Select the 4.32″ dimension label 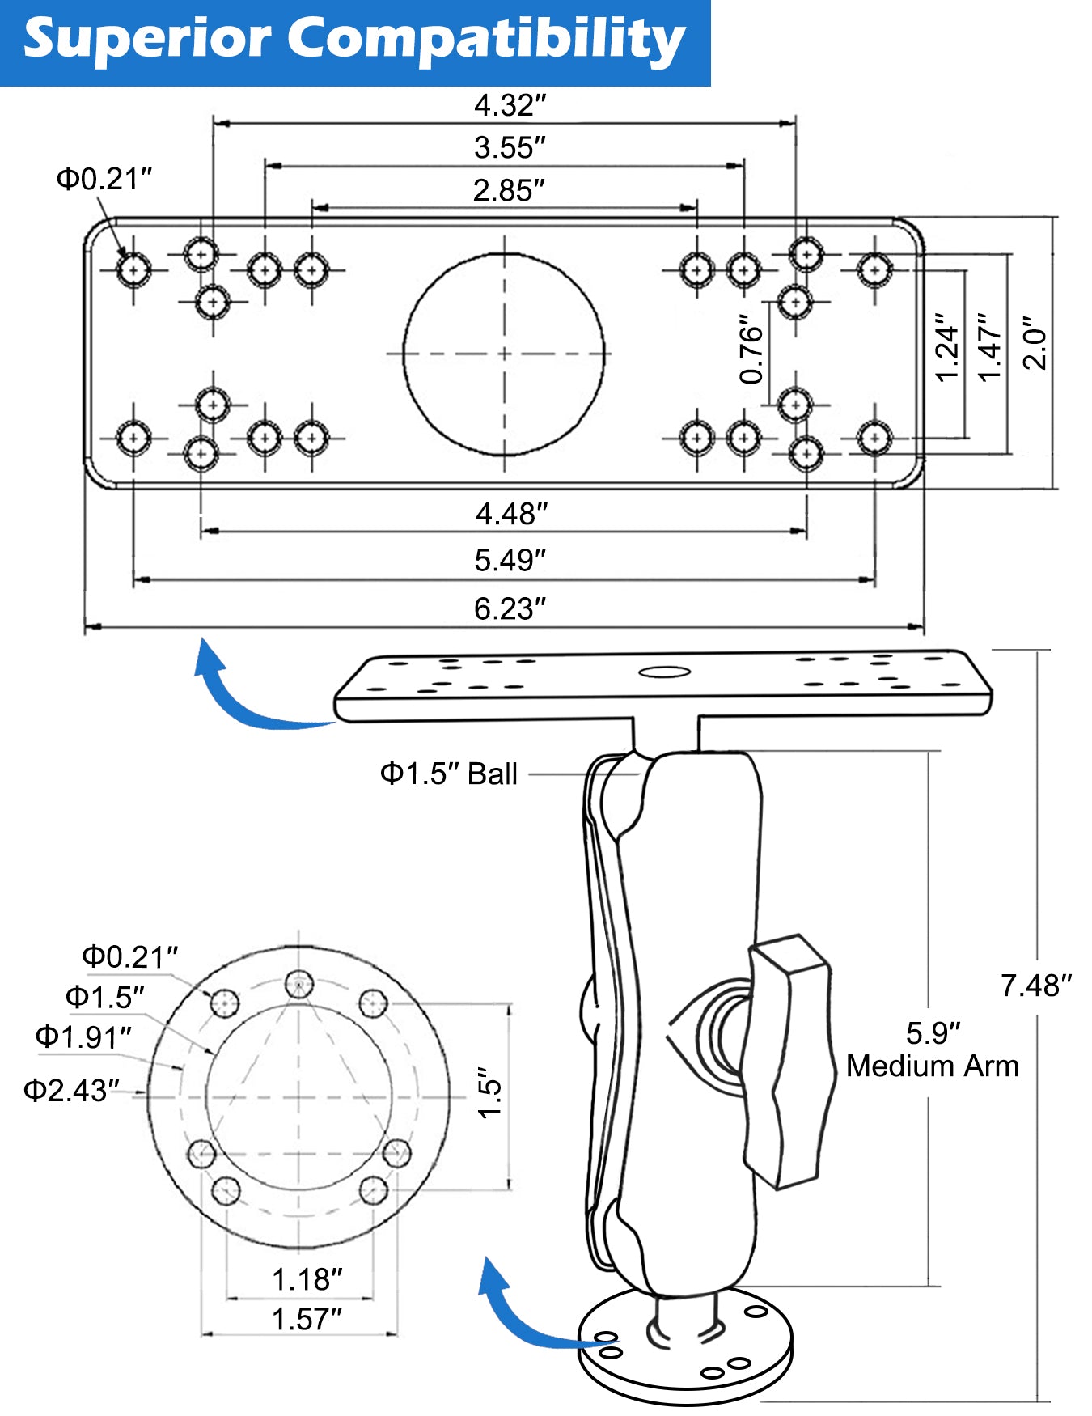pos(510,105)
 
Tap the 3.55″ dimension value pos(510,148)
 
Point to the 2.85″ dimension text pos(509,191)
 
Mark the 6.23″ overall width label pos(510,608)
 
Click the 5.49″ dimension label pos(510,560)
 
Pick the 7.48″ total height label pos(1035,986)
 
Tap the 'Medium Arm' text pos(932,1066)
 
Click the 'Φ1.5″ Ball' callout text pos(449,774)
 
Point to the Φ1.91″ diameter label pos(83,1037)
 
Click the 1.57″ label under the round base pos(307,1319)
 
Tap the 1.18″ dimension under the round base pos(307,1279)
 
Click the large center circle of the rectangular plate pos(504,354)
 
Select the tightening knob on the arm pos(789,1060)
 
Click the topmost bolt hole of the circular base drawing pos(299,985)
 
